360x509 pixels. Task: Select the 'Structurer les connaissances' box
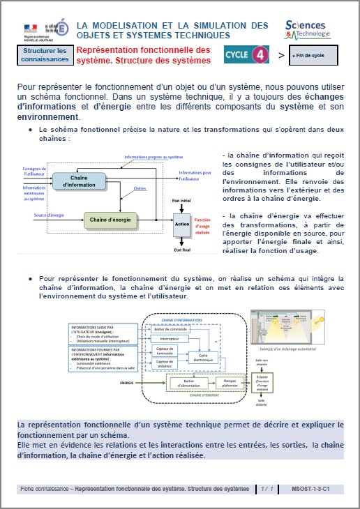point(45,54)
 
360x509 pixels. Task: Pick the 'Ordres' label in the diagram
point(140,188)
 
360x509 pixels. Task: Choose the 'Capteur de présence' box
point(165,363)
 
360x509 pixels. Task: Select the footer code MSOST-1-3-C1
point(311,489)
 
